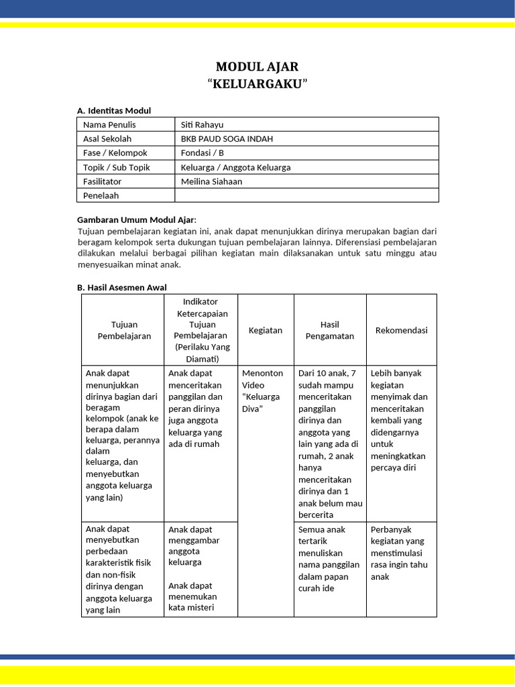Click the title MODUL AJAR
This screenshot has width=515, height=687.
(x=257, y=66)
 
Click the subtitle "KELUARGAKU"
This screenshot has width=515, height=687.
(x=257, y=84)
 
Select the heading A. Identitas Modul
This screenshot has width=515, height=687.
(x=114, y=111)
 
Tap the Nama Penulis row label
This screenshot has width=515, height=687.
(x=109, y=125)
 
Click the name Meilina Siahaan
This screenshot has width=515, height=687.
(x=211, y=181)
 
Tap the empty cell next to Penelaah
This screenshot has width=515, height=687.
(x=306, y=195)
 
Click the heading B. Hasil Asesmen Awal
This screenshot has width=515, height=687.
(x=121, y=287)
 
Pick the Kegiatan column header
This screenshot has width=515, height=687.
(x=266, y=330)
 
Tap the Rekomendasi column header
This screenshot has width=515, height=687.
(x=401, y=330)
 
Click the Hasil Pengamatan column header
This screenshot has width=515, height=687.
(x=329, y=330)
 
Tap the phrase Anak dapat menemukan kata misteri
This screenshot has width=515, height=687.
(x=192, y=596)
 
